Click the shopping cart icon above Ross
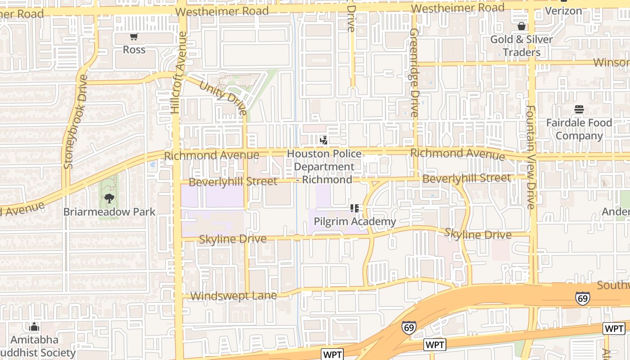pos(134,37)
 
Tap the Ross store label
pos(134,49)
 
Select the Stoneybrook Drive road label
pos(76,121)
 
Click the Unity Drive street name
pos(223,98)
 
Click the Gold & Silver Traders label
pos(521,46)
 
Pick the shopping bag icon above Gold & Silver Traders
pos(521,26)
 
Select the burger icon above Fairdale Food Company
pos(579,109)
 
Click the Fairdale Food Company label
pos(579,129)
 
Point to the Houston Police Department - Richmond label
pos(324,166)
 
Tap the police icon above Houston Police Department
pos(323,140)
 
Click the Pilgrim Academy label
pos(355,221)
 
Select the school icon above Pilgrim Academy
pos(355,208)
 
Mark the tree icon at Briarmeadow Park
pos(109,198)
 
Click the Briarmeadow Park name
pos(109,212)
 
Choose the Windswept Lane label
pos(233,296)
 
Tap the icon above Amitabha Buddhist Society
pos(35,327)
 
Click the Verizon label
pos(563,10)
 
